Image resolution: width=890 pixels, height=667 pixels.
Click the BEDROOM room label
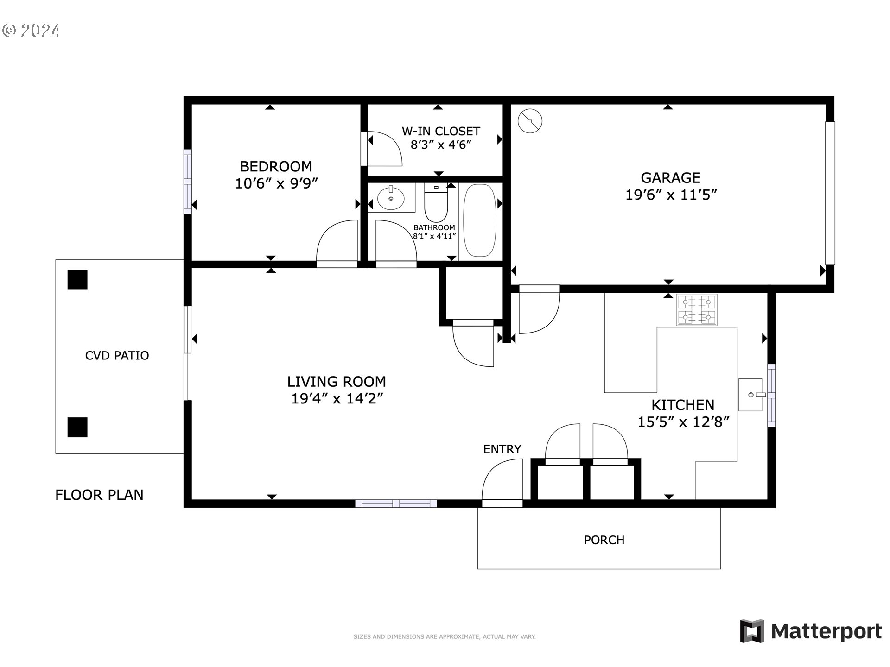[276, 166]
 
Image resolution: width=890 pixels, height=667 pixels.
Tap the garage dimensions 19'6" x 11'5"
[671, 195]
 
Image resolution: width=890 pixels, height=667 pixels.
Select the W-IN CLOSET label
[441, 131]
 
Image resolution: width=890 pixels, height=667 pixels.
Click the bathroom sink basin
[391, 198]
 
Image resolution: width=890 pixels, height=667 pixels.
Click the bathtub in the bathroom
[480, 220]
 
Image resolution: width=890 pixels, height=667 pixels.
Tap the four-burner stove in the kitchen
[697, 310]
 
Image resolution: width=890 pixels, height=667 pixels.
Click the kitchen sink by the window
[750, 395]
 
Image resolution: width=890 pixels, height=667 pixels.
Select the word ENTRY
[502, 449]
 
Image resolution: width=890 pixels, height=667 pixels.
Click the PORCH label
[604, 540]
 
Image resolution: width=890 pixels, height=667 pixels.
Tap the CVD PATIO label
[117, 355]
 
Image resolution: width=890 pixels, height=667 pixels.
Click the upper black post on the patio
[77, 280]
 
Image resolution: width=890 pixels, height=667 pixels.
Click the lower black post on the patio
[77, 427]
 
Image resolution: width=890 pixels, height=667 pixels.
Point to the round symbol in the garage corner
[530, 121]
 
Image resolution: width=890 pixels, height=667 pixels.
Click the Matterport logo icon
[752, 631]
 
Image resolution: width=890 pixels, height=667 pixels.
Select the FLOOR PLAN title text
[99, 495]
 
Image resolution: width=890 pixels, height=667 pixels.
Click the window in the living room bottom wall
[396, 503]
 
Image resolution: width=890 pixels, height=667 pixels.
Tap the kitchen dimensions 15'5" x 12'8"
[683, 422]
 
